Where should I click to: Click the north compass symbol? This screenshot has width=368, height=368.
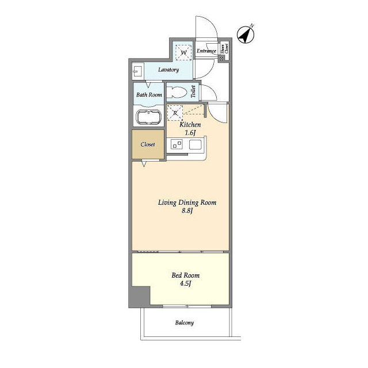pyautogui.click(x=246, y=35)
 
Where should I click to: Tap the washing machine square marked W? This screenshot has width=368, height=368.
pyautogui.click(x=183, y=52)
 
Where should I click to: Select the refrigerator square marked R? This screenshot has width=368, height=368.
pyautogui.click(x=175, y=113)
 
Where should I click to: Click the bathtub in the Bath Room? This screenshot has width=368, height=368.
pyautogui.click(x=149, y=117)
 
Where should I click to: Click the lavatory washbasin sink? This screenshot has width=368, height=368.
pyautogui.click(x=138, y=71)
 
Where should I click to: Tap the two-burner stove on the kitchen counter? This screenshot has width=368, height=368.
pyautogui.click(x=177, y=144)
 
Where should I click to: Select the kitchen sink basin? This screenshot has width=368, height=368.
pyautogui.click(x=195, y=144)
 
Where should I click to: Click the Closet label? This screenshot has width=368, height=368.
pyautogui.click(x=148, y=144)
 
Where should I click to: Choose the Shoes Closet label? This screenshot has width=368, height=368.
pyautogui.click(x=224, y=48)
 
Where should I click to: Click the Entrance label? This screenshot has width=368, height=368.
pyautogui.click(x=206, y=51)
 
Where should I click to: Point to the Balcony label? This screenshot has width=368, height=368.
pyautogui.click(x=185, y=323)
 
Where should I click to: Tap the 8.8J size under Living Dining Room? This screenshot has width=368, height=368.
pyautogui.click(x=187, y=210)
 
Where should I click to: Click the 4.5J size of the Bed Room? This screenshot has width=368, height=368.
pyautogui.click(x=185, y=283)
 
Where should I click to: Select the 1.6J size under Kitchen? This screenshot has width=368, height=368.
pyautogui.click(x=190, y=133)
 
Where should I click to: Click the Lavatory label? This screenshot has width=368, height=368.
pyautogui.click(x=168, y=70)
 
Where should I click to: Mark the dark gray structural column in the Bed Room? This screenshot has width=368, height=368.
pyautogui.click(x=140, y=297)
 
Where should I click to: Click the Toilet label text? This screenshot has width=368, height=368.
pyautogui.click(x=193, y=91)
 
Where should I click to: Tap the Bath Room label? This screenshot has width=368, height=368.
pyautogui.click(x=149, y=95)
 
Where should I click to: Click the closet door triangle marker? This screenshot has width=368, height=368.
pyautogui.click(x=144, y=163)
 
